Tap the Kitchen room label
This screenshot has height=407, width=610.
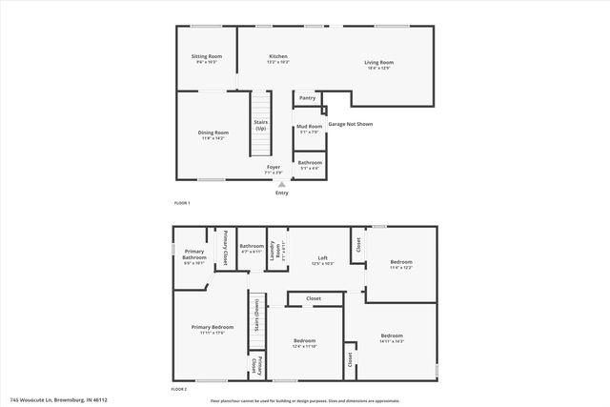point(277,59)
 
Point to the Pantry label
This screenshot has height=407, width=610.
point(307,97)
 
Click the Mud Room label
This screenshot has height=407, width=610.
point(308,129)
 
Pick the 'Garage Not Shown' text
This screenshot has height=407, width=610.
point(350,124)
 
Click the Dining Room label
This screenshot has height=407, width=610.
point(213,134)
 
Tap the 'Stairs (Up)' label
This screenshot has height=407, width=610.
point(260,125)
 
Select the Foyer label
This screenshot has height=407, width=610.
point(274,170)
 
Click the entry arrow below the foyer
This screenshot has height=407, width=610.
point(281,184)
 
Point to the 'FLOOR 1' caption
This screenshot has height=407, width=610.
point(181,203)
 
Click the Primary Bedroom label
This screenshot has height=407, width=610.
point(200,330)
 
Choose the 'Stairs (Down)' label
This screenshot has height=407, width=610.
point(255,325)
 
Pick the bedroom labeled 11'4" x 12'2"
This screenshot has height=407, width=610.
point(402,264)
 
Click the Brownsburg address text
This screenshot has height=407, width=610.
point(59,400)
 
